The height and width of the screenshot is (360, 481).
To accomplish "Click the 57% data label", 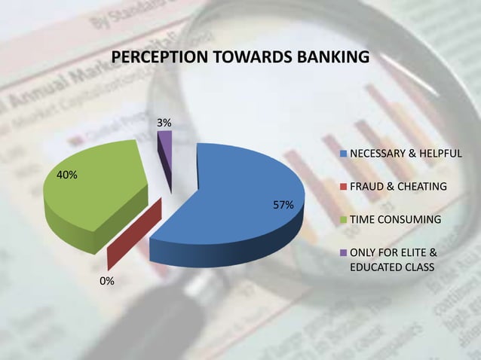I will pyautogui.click(x=283, y=205).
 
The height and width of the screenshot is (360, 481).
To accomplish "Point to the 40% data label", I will pyautogui.click(x=67, y=175).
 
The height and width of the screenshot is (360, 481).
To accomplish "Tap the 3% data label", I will pyautogui.click(x=164, y=122).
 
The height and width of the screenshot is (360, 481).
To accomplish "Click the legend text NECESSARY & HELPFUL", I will pyautogui.click(x=406, y=154).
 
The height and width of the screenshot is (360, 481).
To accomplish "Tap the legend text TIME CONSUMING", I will pyautogui.click(x=395, y=220).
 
